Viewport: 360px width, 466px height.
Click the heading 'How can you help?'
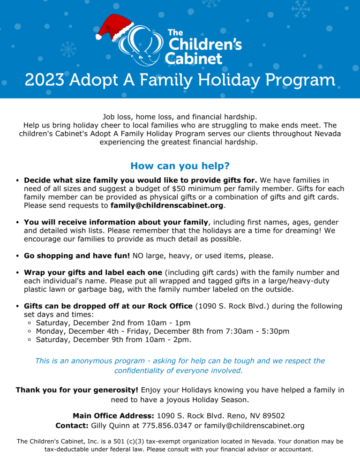(180, 166)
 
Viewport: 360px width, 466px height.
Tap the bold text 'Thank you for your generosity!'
(77, 390)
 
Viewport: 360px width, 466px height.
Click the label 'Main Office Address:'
(113, 416)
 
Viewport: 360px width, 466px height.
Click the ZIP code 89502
(273, 416)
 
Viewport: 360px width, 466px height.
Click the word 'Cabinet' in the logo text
(194, 58)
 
